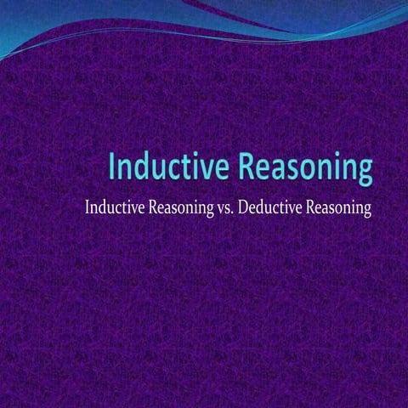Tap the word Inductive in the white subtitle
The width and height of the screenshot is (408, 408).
tap(110, 207)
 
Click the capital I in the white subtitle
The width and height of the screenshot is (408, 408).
tap(86, 207)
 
